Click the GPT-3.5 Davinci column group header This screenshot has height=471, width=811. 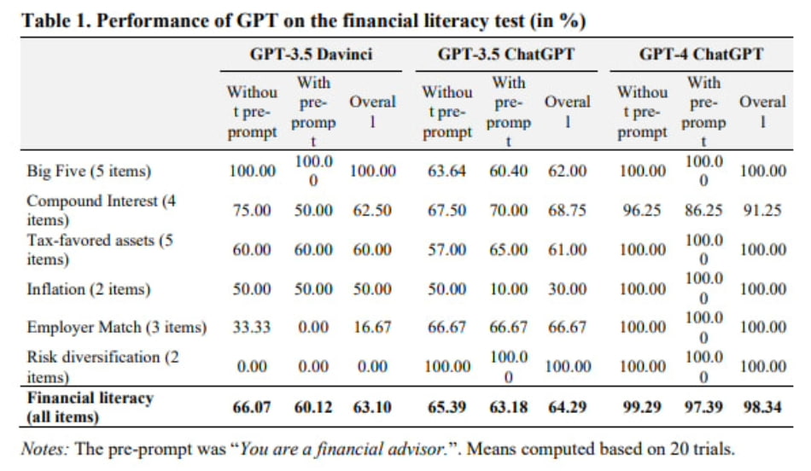click(312, 55)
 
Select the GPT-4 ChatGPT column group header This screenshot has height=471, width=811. click(701, 55)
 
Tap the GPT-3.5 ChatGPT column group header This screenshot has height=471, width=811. click(505, 55)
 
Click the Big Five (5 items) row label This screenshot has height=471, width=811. click(89, 172)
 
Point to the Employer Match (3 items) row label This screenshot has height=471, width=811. click(116, 328)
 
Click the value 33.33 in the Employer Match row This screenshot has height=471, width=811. click(252, 328)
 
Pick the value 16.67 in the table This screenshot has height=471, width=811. click(372, 328)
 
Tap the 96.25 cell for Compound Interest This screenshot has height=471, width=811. click(641, 211)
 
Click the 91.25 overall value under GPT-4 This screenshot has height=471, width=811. click(761, 211)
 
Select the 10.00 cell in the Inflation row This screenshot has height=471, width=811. click(509, 289)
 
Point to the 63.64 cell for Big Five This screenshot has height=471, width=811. click(446, 172)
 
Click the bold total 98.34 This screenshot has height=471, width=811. click(761, 407)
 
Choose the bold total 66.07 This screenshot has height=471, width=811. click(252, 407)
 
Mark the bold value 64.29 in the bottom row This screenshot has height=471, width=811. click(567, 407)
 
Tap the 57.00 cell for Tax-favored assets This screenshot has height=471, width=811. click(446, 250)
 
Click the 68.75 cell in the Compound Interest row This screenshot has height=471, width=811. click(567, 211)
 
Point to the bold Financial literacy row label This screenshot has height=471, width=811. click(90, 398)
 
